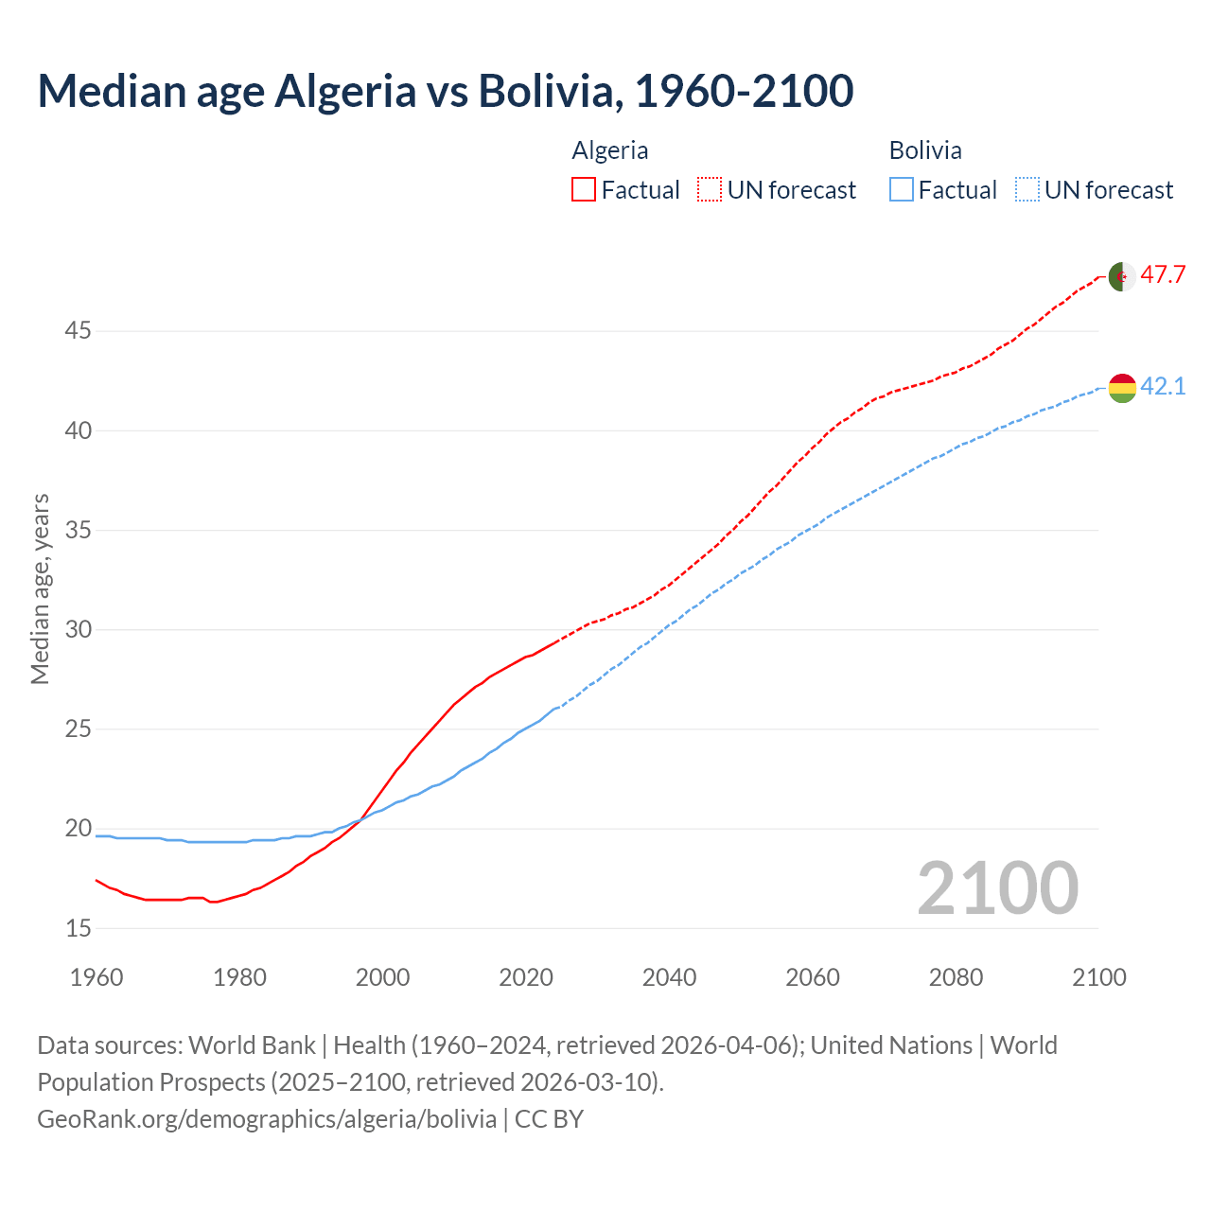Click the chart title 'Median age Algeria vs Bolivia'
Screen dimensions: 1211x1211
coord(445,91)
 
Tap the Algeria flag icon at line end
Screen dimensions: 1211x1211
coord(1122,276)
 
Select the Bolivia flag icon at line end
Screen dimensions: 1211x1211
coord(1122,387)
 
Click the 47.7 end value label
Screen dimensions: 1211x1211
coord(1163,275)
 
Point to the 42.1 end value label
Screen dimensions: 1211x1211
coord(1163,386)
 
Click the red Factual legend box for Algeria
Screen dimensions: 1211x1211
coord(584,190)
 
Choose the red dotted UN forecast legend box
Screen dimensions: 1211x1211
coord(710,190)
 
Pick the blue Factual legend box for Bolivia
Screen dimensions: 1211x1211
coord(902,190)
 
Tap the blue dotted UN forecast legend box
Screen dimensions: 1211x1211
coord(1027,190)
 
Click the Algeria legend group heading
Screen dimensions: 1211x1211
coord(610,150)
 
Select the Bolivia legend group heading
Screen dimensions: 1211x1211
coord(925,150)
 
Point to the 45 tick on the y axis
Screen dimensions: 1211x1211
coord(78,331)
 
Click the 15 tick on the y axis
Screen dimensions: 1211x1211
coord(78,928)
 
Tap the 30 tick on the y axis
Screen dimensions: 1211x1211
coord(78,629)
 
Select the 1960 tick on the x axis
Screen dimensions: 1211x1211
coord(97,977)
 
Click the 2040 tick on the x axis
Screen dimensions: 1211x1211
coord(669,977)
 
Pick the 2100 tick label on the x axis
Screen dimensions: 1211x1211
coord(1099,977)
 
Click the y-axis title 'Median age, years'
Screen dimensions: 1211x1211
coord(40,588)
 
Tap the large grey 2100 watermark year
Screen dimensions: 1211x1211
coord(998,887)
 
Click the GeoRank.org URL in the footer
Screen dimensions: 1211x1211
coord(267,1119)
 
